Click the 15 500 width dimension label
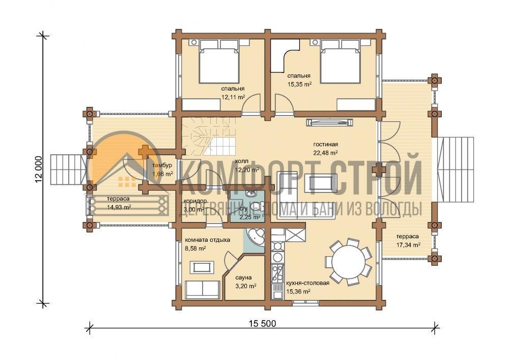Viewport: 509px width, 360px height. click(x=263, y=323)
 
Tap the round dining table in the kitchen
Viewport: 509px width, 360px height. click(x=348, y=261)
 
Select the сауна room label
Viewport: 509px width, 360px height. click(x=243, y=278)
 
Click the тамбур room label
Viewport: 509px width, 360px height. click(x=162, y=165)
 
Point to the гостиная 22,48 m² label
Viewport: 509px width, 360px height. click(x=326, y=148)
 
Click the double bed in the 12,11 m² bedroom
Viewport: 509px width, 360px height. click(x=219, y=61)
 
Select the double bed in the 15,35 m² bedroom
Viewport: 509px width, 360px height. click(x=340, y=61)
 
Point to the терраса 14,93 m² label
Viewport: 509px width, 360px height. click(x=119, y=203)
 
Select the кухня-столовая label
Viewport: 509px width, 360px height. click(x=307, y=283)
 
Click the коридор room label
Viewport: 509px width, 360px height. click(x=195, y=201)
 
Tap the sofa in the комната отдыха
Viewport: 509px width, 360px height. click(x=202, y=289)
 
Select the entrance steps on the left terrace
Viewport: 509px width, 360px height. click(x=68, y=170)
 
